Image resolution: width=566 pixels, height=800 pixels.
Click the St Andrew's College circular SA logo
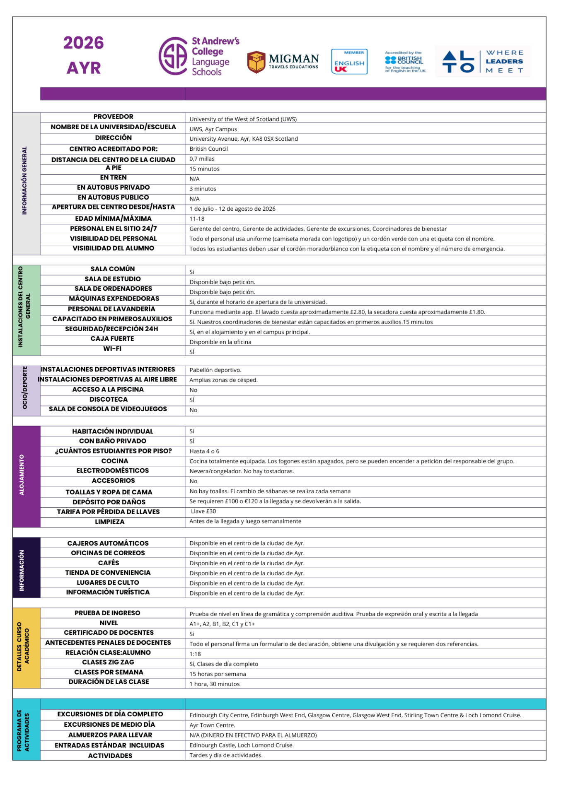173,56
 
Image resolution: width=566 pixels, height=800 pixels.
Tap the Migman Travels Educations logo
283,62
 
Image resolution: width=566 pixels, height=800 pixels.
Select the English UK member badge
349,62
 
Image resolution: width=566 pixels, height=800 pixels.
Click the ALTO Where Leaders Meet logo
483,62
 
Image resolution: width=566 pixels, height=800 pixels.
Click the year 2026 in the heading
84,43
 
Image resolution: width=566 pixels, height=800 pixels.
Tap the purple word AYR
84,68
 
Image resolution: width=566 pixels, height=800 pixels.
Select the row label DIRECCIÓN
113,138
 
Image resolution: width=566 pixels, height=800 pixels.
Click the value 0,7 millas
202,159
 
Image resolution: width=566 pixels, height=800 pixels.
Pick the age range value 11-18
197,219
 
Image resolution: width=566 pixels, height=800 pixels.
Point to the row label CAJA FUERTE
112,339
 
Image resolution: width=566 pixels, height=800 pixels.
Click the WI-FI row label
112,349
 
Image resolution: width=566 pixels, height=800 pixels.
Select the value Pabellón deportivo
215,370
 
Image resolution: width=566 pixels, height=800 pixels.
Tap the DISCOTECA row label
109,400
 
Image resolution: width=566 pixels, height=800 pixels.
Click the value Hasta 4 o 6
204,451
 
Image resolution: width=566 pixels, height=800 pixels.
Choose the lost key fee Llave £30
203,511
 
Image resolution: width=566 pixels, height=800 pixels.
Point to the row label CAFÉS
109,563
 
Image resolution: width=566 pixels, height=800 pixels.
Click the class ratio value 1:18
195,654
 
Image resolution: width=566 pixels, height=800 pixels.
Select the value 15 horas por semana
218,674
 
